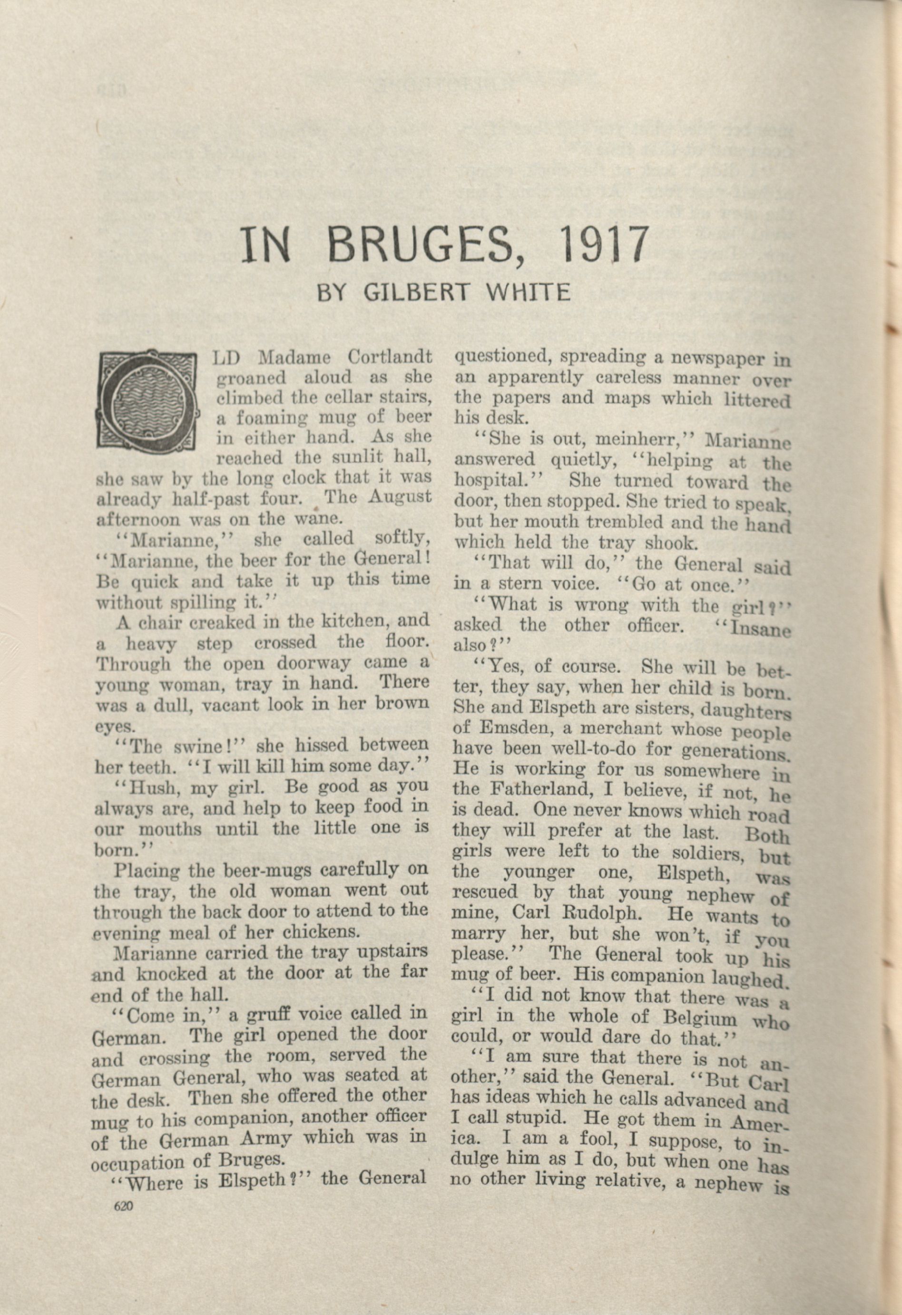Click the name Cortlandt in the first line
(x=390, y=358)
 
